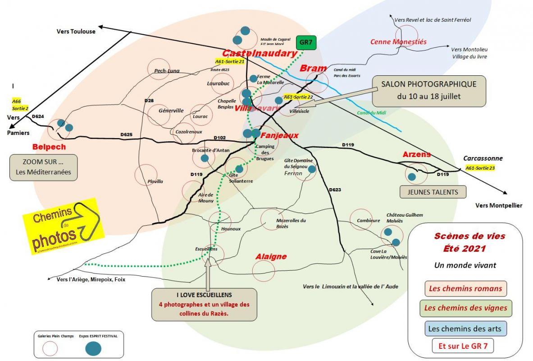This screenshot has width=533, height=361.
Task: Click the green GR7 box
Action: click(x=306, y=44)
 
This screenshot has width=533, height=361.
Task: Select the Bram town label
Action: click(x=313, y=68)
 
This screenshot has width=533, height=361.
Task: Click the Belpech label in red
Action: click(x=49, y=147)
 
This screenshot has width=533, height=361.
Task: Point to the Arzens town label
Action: click(x=416, y=154)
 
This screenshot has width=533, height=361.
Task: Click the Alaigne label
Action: click(x=271, y=256)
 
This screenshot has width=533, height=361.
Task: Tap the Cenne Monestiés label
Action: click(x=398, y=42)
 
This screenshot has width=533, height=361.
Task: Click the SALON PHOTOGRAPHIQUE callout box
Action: click(x=428, y=91)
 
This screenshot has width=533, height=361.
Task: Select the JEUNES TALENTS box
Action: click(x=433, y=192)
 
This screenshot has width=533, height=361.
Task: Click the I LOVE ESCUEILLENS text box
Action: click(x=204, y=305)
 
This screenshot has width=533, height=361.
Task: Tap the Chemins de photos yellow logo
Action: click(x=63, y=225)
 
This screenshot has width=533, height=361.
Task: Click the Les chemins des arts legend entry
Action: click(x=465, y=328)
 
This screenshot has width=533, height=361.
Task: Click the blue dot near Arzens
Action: click(x=411, y=176)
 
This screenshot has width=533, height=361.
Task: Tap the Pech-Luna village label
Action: click(x=167, y=71)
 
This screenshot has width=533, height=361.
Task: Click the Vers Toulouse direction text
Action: click(x=76, y=32)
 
